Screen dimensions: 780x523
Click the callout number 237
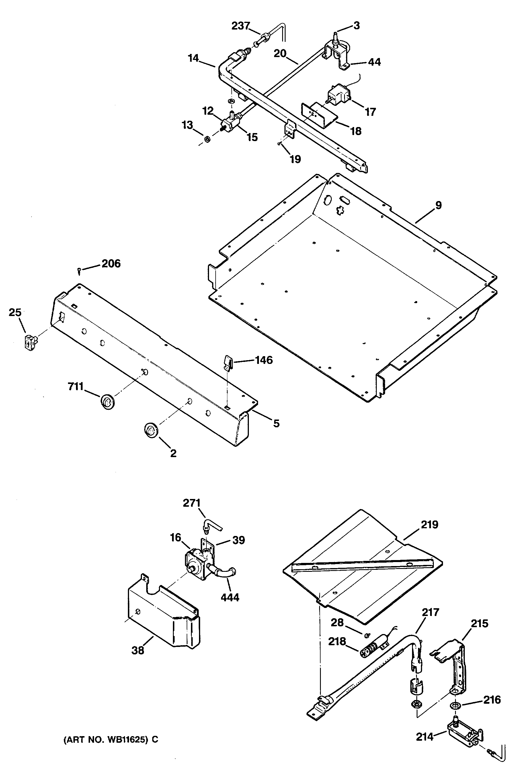(x=241, y=26)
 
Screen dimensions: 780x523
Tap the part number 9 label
(x=438, y=205)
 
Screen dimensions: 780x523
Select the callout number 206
(x=111, y=264)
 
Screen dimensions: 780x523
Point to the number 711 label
(x=76, y=386)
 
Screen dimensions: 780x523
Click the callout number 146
(x=264, y=360)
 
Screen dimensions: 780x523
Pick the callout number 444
(x=230, y=597)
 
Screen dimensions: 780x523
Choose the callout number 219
(x=430, y=525)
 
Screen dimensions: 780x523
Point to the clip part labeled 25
(x=31, y=342)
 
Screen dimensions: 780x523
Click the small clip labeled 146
(x=227, y=362)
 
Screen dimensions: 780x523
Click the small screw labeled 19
(x=279, y=144)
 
